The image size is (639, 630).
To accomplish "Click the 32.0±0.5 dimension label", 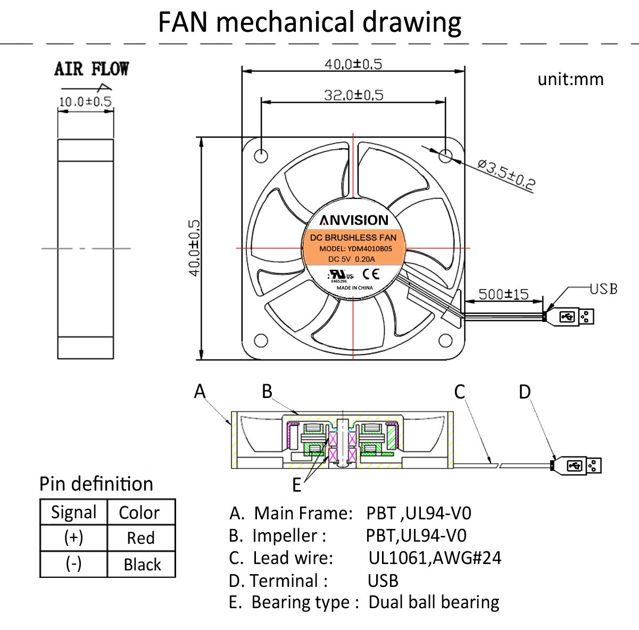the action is [353, 95].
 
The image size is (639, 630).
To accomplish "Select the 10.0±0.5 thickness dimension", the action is [86, 102].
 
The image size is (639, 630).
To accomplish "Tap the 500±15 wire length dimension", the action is [504, 294].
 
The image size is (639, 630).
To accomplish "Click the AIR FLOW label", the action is [92, 69].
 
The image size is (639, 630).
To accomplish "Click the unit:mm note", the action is [570, 80].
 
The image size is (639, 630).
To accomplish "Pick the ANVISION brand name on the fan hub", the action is [354, 220].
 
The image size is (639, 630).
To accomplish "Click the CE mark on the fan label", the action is [371, 274].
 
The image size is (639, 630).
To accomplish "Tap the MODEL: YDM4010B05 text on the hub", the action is [355, 249].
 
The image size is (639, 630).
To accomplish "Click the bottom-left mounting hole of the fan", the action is [261, 341].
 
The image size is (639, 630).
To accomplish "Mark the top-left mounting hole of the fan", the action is [261, 155].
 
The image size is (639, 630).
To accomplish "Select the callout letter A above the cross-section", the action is [200, 391].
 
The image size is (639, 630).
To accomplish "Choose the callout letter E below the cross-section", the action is [297, 485].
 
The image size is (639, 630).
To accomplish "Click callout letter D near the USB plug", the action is [525, 392].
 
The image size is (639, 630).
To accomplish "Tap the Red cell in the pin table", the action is [141, 538].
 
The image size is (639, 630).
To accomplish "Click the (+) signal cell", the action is [73, 537].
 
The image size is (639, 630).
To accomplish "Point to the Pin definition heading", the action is [96, 484].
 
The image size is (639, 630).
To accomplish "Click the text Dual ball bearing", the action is [434, 602].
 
